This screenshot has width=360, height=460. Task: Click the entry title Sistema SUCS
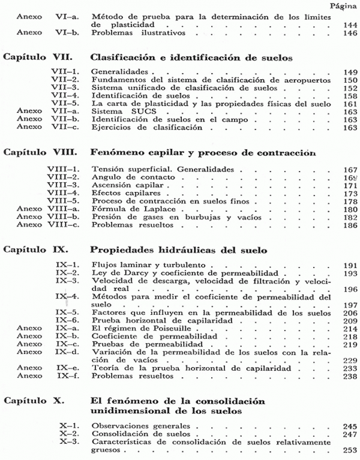116,111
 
